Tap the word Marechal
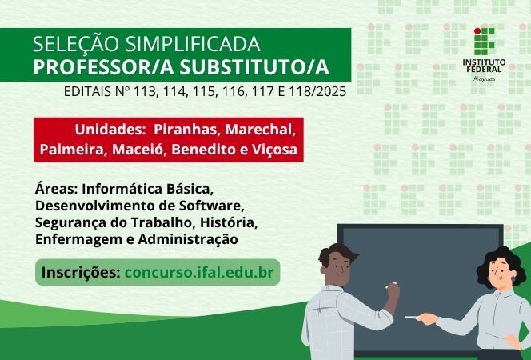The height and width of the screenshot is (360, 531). tap(261, 130)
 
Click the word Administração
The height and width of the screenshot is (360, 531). tap(189, 238)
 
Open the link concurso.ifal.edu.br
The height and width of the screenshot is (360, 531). tap(199, 272)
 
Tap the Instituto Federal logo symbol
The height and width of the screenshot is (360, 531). tap(484, 41)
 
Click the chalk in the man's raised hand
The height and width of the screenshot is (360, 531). tap(391, 284)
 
